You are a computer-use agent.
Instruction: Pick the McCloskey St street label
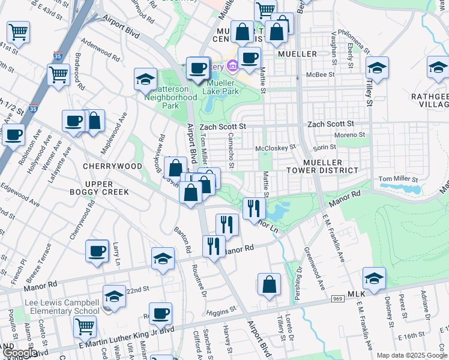[x=276, y=147]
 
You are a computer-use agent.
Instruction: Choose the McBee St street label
[x=319, y=75]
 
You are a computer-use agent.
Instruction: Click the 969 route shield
[x=337, y=298]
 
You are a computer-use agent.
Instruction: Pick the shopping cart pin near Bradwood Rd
[x=58, y=75]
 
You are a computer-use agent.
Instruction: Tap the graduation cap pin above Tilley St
[x=377, y=68]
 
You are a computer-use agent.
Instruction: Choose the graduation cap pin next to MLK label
[x=373, y=278]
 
